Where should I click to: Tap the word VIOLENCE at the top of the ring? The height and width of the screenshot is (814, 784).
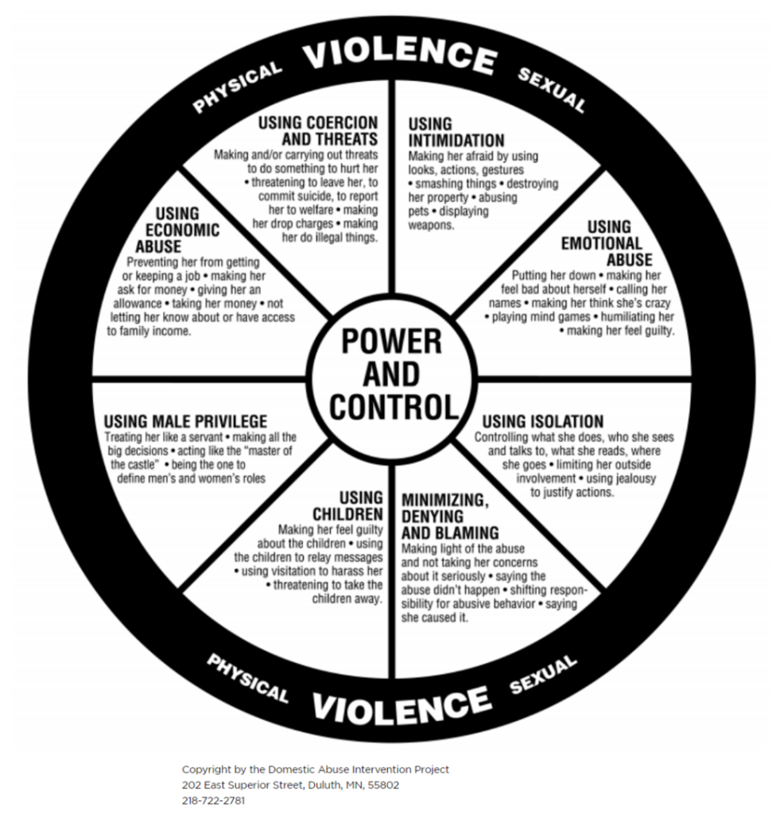tap(400, 56)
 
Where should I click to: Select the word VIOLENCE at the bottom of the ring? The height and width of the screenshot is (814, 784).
tap(402, 704)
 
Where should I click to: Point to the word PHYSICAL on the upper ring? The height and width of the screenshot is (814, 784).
tap(237, 87)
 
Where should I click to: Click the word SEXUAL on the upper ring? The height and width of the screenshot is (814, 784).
tap(552, 90)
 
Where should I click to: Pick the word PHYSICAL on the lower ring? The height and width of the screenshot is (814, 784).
tap(247, 678)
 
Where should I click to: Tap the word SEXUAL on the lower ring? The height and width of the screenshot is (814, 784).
tap(543, 674)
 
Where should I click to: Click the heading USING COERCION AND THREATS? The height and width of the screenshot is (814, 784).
tap(318, 131)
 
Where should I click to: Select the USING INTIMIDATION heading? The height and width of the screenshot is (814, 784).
tap(456, 133)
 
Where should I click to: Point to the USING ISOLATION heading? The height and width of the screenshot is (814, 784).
tap(543, 421)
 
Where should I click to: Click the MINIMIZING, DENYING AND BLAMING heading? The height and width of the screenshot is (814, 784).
tap(449, 517)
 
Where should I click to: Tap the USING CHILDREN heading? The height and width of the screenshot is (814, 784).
tap(347, 506)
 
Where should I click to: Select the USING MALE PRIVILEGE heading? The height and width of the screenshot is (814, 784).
tap(185, 421)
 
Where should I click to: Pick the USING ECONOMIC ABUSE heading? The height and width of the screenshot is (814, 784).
tap(177, 230)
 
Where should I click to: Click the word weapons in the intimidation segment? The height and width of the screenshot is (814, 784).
tap(431, 225)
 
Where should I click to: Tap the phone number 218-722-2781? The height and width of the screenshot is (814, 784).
tap(213, 800)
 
